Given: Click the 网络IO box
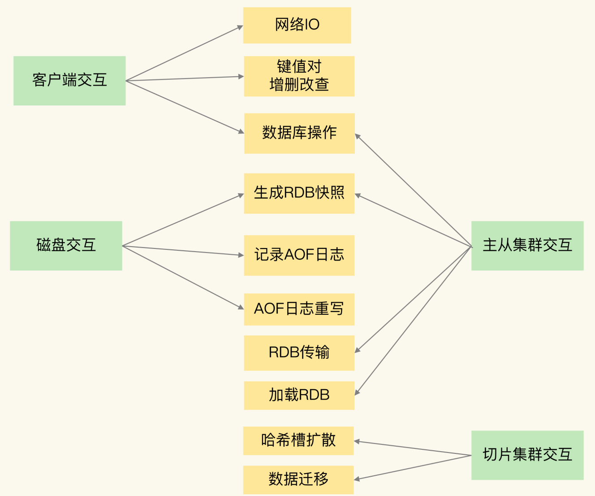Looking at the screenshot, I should [x=297, y=25].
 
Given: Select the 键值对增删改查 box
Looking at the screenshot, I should [x=299, y=76].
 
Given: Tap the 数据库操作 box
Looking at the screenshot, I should [x=299, y=133].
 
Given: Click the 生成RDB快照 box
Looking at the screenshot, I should [x=299, y=193].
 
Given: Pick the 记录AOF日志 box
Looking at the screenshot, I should [x=299, y=255].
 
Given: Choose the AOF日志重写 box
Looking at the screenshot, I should [x=299, y=309].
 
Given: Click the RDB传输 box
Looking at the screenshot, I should [x=299, y=353].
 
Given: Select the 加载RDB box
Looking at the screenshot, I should [x=299, y=395].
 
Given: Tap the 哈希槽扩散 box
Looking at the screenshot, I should [x=298, y=440].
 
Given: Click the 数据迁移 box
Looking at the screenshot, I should [x=298, y=479].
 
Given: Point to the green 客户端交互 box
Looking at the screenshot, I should [x=69, y=81].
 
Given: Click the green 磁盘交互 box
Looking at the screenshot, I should [x=66, y=245].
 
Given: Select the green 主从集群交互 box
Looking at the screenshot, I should [x=527, y=245].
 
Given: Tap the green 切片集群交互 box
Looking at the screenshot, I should [x=527, y=455].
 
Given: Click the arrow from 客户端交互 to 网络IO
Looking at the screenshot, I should [x=184, y=53].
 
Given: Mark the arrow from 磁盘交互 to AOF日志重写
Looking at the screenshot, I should [x=183, y=277].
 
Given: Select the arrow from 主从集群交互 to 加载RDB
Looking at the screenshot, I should [x=413, y=321].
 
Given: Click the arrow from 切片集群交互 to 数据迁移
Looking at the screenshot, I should [x=413, y=467].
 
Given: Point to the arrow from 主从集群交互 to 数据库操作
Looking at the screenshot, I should [x=413, y=190].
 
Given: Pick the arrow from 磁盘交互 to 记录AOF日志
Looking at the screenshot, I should [x=183, y=251].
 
